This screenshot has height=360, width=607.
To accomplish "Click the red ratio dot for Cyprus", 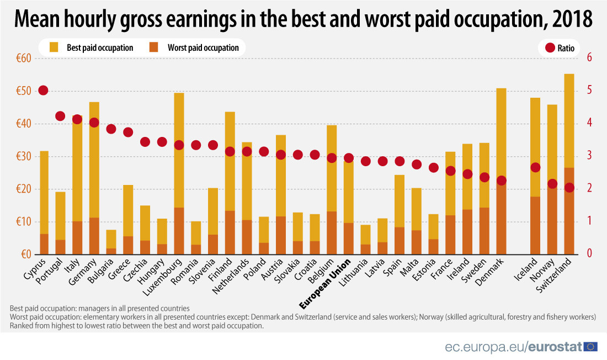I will click(44, 91).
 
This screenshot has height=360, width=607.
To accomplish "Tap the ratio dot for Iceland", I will click(535, 167).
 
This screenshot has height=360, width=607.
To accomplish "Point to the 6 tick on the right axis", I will click(589, 58).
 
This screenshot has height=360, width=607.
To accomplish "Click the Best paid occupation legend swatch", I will click(54, 47).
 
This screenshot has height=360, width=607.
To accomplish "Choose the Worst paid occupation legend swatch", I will click(154, 47).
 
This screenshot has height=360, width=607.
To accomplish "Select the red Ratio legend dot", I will click(550, 48).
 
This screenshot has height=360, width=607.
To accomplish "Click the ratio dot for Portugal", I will click(61, 116).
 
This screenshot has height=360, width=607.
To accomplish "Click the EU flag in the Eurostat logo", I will click(590, 347).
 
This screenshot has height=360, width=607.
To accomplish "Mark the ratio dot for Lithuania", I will click(365, 161).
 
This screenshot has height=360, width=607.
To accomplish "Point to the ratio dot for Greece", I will click(128, 132).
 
